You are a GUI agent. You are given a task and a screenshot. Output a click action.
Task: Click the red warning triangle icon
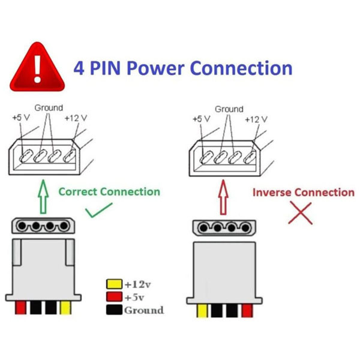pyautogui.click(x=37, y=69)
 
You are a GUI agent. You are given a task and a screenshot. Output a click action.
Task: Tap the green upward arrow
pyautogui.click(x=43, y=197)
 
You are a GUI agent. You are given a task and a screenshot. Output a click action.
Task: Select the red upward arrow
pyautogui.click(x=223, y=197)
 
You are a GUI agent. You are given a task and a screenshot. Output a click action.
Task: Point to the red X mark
pyautogui.click(x=300, y=213)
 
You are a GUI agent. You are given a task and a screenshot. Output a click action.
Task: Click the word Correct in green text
pyautogui.click(x=78, y=192)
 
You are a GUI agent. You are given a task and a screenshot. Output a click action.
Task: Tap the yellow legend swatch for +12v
pyautogui.click(x=114, y=284)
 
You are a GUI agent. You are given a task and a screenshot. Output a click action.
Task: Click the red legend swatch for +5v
pyautogui.click(x=114, y=296)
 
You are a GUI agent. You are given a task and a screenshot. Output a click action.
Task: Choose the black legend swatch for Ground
pyautogui.click(x=114, y=310)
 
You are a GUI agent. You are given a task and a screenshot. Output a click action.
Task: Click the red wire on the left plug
pyautogui.click(x=20, y=308)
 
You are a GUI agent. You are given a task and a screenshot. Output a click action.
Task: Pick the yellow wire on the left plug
pyautogui.click(x=65, y=308)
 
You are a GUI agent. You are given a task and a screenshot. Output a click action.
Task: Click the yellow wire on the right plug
pyautogui.click(x=202, y=311)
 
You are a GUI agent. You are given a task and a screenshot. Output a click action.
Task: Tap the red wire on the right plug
pyautogui.click(x=247, y=311)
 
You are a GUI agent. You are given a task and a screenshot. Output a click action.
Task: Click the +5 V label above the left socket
pyautogui.click(x=21, y=118)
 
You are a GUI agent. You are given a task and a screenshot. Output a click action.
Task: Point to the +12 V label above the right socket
pyautogui.click(x=256, y=119)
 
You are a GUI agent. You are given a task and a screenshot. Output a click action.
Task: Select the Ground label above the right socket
pyautogui.click(x=229, y=109)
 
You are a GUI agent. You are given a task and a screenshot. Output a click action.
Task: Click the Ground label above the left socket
pyautogui.click(x=49, y=107)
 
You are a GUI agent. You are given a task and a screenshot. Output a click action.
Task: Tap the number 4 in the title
pyautogui.click(x=79, y=68)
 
